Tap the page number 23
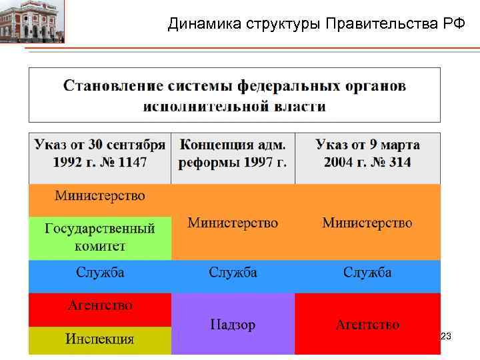pyautogui.click(x=446, y=337)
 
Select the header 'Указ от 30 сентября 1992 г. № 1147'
pyautogui.click(x=100, y=153)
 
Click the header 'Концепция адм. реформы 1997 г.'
pyautogui.click(x=233, y=153)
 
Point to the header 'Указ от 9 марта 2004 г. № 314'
pyautogui.click(x=367, y=153)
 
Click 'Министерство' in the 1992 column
pyautogui.click(x=100, y=196)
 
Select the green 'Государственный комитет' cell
pyautogui.click(x=100, y=237)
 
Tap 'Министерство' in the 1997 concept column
pyautogui.click(x=233, y=223)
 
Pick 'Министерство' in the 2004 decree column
pyautogui.click(x=367, y=223)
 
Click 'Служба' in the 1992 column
pyautogui.click(x=100, y=273)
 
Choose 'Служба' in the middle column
pyautogui.click(x=233, y=273)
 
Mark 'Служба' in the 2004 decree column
pyautogui.click(x=367, y=273)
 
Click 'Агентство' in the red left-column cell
pyautogui.click(x=100, y=305)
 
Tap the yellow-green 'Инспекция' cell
pyautogui.click(x=100, y=339)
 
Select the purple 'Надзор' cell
pyautogui.click(x=233, y=325)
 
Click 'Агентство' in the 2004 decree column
pyautogui.click(x=367, y=325)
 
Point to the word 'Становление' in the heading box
pyautogui.click(x=113, y=86)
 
